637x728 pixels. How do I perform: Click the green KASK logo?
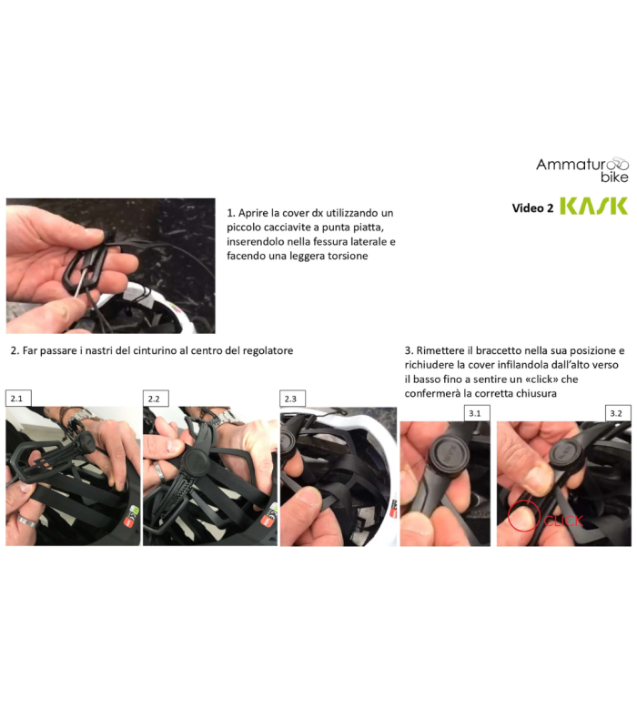(592, 207)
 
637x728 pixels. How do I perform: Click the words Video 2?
(532, 208)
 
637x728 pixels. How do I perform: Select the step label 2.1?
(18, 399)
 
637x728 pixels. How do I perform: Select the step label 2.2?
(156, 399)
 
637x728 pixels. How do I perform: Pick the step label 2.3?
(292, 399)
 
